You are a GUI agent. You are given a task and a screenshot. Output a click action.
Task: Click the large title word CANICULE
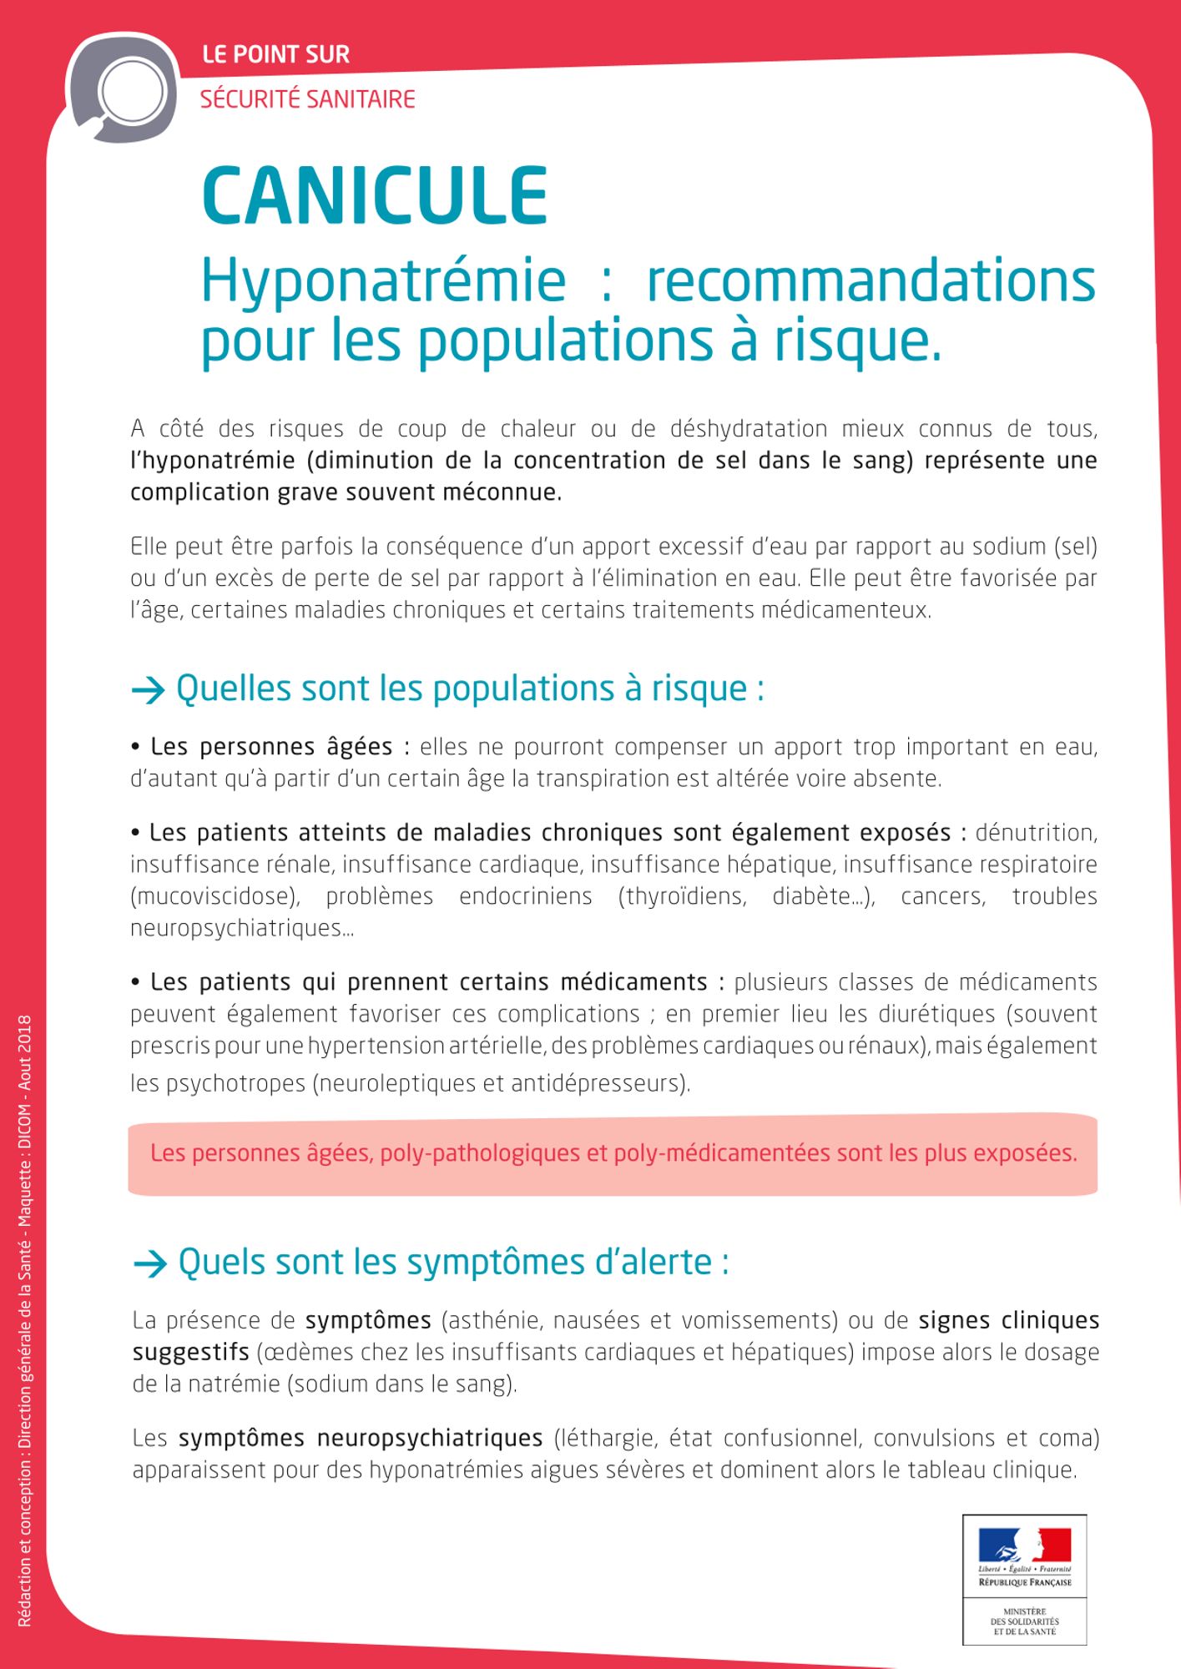tap(375, 197)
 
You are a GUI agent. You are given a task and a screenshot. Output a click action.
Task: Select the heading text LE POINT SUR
tap(275, 55)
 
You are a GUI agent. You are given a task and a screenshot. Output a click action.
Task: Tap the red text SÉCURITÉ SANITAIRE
tap(307, 99)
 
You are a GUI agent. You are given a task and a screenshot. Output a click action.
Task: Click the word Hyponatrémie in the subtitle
tap(383, 281)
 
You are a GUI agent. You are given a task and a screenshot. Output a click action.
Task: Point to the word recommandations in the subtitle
tap(871, 281)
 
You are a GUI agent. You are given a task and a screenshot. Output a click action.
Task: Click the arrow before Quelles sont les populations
tap(149, 690)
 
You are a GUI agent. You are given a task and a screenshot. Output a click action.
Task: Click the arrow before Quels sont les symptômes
tap(150, 1263)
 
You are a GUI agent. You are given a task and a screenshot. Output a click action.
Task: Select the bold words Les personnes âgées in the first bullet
tap(271, 746)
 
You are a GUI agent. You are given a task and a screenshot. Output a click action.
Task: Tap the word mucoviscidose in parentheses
tap(215, 896)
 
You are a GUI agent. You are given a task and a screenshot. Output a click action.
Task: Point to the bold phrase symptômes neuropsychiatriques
tap(361, 1438)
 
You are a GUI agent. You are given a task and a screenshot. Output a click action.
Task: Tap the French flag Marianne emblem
tap(1024, 1545)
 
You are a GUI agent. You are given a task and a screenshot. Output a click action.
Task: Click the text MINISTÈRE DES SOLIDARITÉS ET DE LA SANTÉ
tap(1024, 1621)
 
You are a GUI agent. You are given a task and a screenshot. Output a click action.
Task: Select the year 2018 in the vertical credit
tap(25, 1034)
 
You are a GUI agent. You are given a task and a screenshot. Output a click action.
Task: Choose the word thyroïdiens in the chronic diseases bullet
tap(682, 896)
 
